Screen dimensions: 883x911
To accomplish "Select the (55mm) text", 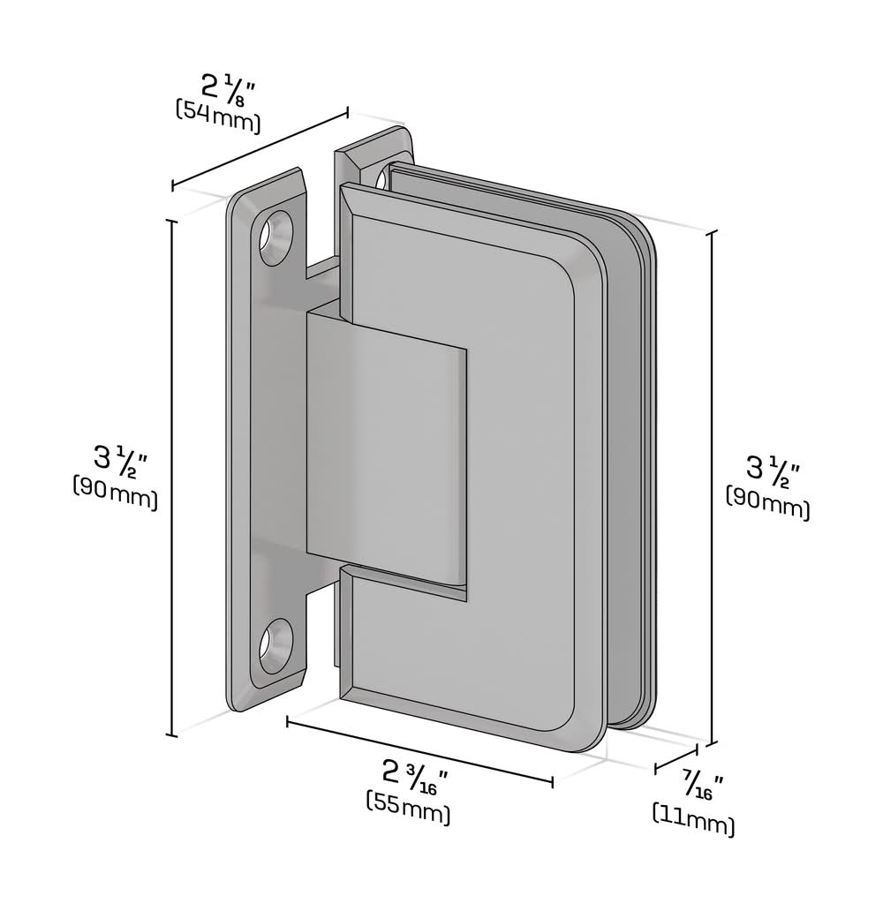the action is pos(408,807).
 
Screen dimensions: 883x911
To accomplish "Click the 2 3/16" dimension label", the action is pos(415,776).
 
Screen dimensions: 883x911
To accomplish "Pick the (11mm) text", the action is pos(693,819).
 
